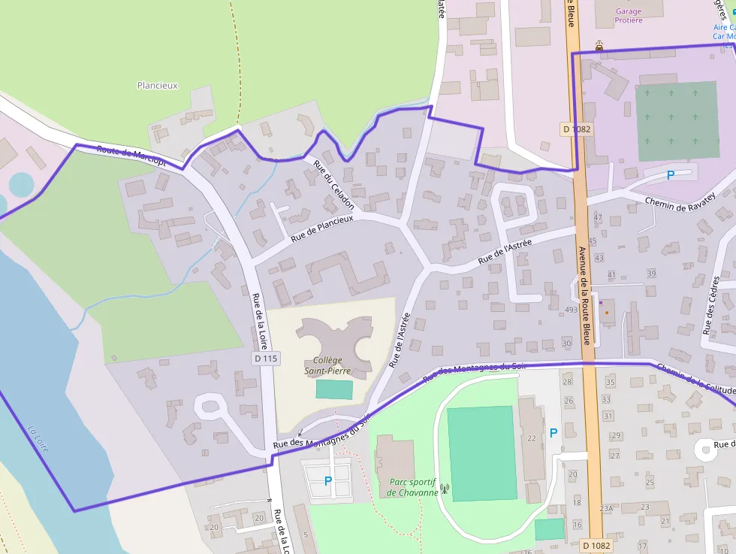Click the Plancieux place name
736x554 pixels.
point(157,86)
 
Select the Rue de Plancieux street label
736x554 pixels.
point(321,229)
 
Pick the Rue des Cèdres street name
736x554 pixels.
point(710,305)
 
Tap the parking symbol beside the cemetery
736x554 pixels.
point(670,175)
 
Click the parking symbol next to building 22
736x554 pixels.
point(554,433)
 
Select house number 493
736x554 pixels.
point(571,310)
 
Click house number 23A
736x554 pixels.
point(605,509)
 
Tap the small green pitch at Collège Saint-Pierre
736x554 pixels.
point(333,389)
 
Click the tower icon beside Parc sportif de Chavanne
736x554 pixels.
point(444,489)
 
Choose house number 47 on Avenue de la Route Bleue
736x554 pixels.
point(598,217)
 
